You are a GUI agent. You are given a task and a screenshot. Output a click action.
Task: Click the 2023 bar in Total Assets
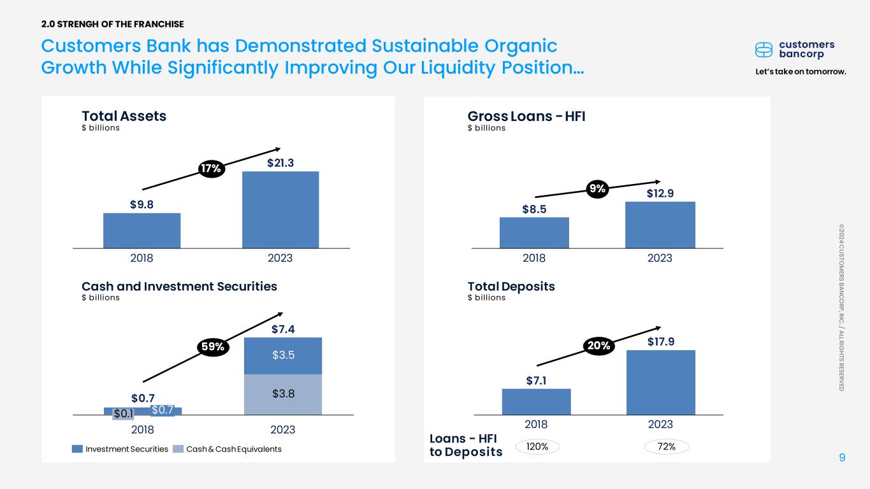coord(280,209)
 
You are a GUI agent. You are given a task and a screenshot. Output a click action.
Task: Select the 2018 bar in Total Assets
coord(141,230)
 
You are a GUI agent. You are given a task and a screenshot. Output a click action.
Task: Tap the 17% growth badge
coord(212,169)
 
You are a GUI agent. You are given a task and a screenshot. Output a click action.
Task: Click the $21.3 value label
coord(280,163)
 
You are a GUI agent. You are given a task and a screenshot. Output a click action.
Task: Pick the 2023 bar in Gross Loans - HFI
coord(660,225)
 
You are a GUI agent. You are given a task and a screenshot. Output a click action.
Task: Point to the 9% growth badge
coord(597,189)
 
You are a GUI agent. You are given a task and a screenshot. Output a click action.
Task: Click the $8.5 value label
coord(534,209)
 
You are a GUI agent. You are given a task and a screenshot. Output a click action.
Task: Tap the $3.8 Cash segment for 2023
coord(283,395)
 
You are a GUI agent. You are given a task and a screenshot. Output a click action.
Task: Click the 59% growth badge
coord(213,346)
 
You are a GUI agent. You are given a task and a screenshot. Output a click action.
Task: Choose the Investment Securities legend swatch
coord(77,449)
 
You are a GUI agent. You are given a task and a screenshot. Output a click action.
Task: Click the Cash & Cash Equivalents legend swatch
coord(178,449)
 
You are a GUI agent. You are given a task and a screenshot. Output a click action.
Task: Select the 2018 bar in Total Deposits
coord(537,402)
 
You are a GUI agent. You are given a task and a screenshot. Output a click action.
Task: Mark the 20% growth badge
coord(599,346)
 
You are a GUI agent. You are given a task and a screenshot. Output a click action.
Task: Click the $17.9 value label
coord(661,342)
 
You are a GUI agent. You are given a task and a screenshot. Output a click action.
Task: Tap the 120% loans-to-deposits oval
coord(537,447)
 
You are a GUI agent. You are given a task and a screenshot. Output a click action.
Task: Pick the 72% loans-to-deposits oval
coord(667,447)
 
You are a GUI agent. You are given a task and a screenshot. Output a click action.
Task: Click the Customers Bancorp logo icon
coord(764,50)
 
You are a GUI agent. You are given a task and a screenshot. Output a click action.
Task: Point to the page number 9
coord(842,457)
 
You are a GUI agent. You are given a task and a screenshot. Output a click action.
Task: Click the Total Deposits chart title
coord(511,287)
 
